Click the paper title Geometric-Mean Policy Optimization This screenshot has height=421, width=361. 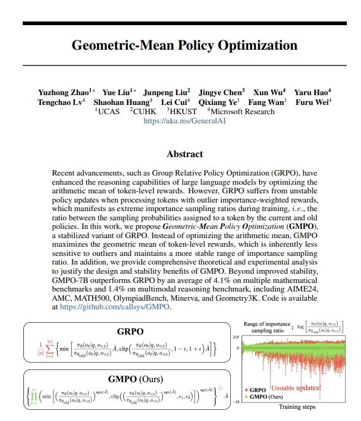[184, 45]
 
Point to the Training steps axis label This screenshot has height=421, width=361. [298, 406]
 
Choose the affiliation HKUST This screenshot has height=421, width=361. [182, 112]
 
